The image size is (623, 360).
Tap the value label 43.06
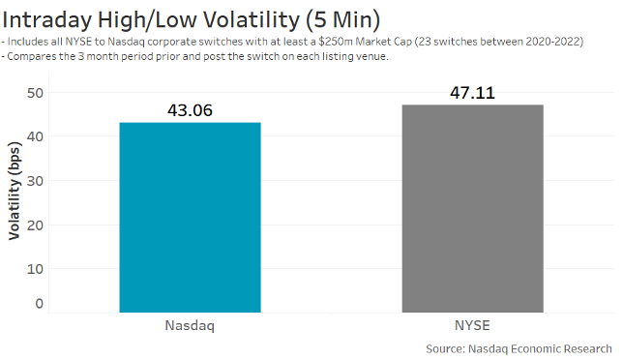point(190,110)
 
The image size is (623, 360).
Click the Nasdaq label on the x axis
point(189,326)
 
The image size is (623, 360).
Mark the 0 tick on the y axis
point(39,304)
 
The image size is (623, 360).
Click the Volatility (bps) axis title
point(15,194)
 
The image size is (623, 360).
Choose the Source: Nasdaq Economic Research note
point(519,347)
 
